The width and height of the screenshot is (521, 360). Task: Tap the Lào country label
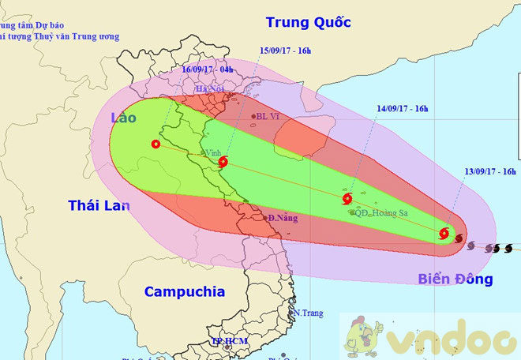pyautogui.click(x=123, y=118)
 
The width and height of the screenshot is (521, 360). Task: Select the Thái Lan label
pyautogui.click(x=99, y=206)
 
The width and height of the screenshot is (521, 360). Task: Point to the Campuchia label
pyautogui.click(x=184, y=291)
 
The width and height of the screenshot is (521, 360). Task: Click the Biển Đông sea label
pyautogui.click(x=451, y=279)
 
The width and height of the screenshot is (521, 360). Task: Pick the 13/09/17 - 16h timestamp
pyautogui.click(x=489, y=171)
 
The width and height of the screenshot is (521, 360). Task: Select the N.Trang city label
pyautogui.click(x=309, y=313)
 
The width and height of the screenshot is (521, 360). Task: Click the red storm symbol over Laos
pyautogui.click(x=155, y=144)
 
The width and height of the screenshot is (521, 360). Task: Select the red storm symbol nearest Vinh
pyautogui.click(x=223, y=163)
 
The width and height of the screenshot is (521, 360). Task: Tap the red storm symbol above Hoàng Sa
pyautogui.click(x=347, y=198)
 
